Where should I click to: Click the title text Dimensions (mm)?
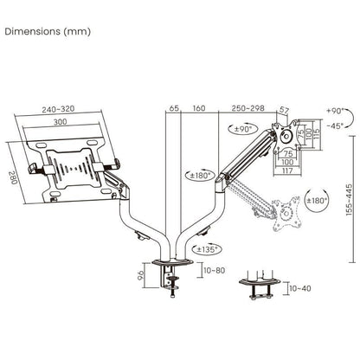pyautogui.click(x=48, y=31)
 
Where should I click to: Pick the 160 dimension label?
pyautogui.click(x=200, y=109)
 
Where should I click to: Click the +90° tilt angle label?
pyautogui.click(x=337, y=111)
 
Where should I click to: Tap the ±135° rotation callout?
pyautogui.click(x=207, y=249)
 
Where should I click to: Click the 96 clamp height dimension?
pyautogui.click(x=141, y=275)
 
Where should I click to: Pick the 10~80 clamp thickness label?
pyautogui.click(x=214, y=271)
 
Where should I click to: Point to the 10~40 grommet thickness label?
pyautogui.click(x=299, y=287)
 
